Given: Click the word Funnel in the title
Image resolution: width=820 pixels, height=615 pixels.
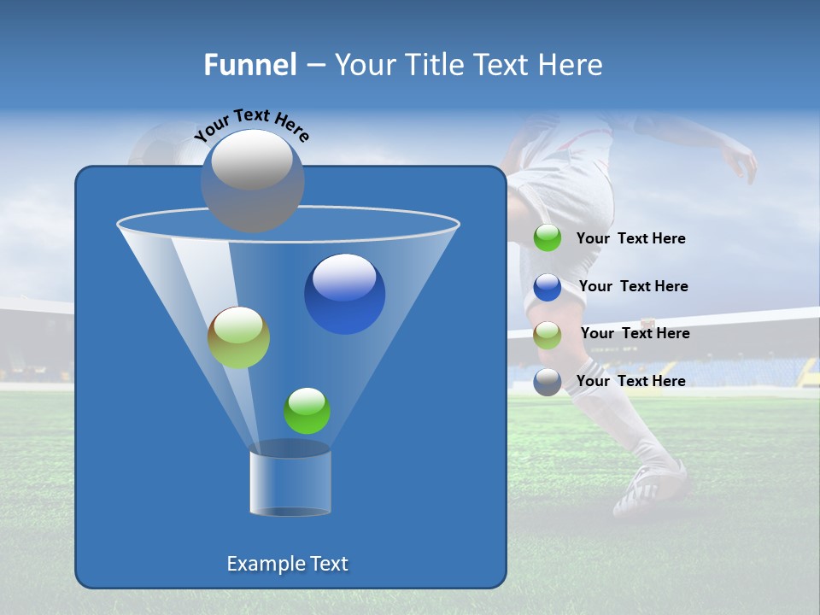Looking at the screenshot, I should pyautogui.click(x=250, y=65).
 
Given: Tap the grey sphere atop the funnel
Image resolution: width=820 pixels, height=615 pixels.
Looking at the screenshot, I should pyautogui.click(x=253, y=180).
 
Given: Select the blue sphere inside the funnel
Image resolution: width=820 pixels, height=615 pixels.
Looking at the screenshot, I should pyautogui.click(x=344, y=294).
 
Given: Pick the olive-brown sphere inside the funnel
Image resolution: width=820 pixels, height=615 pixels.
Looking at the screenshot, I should pyautogui.click(x=238, y=337).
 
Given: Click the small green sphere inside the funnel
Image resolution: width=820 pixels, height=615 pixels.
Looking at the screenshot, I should pyautogui.click(x=307, y=411).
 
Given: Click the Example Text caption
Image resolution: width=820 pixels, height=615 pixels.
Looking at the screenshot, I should pyautogui.click(x=287, y=564).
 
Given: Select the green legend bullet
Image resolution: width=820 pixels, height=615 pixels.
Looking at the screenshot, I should pyautogui.click(x=548, y=238).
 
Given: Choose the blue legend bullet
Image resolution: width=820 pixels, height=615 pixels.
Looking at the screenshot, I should pyautogui.click(x=548, y=287).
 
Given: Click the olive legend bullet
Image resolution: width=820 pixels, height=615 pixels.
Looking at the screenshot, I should pyautogui.click(x=548, y=334).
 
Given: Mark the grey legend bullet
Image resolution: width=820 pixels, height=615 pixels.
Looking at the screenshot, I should pyautogui.click(x=548, y=382).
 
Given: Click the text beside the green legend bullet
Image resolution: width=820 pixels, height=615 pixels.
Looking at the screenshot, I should pyautogui.click(x=630, y=238).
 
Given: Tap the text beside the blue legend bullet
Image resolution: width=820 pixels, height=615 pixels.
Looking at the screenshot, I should pyautogui.click(x=633, y=286).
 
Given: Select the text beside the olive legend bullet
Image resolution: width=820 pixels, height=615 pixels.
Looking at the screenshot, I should pyautogui.click(x=635, y=333).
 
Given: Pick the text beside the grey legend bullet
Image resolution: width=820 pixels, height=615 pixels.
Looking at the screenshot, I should pyautogui.click(x=630, y=381).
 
